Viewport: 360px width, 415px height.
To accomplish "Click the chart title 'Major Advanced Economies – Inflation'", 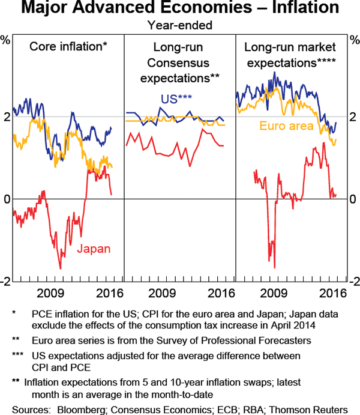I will click(179, 9).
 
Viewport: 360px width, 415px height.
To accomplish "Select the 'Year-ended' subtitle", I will click(179, 25).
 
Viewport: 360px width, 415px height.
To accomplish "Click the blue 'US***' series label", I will click(176, 99).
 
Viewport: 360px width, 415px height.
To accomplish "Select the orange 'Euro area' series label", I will click(287, 126).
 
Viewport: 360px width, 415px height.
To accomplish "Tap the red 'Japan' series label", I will click(94, 249).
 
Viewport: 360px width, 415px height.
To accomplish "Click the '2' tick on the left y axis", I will click(6, 117).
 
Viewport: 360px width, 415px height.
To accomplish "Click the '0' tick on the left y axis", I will click(6, 199).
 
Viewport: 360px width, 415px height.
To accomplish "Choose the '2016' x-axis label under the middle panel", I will click(220, 294).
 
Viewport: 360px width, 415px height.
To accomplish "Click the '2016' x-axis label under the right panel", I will click(332, 294).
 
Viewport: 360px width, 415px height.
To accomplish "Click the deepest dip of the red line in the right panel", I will click(274, 268).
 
